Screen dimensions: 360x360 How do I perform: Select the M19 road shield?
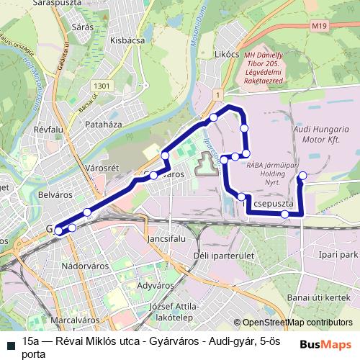(320, 27)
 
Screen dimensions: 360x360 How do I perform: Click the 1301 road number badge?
(102, 86)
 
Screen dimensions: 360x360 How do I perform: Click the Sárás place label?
(84, 27)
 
